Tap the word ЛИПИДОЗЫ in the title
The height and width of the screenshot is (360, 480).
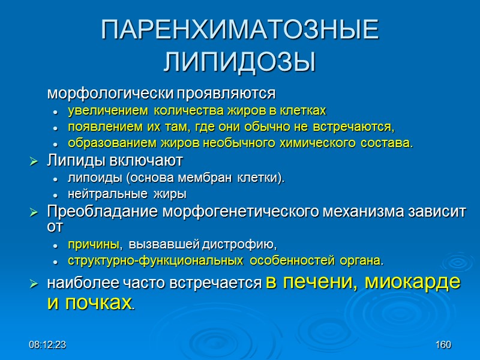(240, 61)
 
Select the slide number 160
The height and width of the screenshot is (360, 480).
(443, 345)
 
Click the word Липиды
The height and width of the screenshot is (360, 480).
(68, 161)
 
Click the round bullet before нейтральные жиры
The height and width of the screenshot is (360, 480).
(55, 195)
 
